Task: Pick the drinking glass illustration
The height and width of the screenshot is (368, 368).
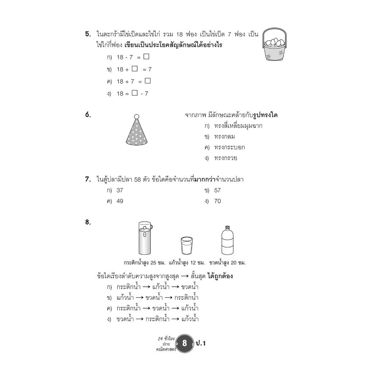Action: click(187, 246)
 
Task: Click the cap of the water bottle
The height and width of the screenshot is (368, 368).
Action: click(227, 228)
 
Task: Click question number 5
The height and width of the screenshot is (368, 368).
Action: click(88, 34)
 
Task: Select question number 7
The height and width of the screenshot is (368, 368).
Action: click(88, 179)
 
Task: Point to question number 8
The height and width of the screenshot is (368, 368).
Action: click(88, 222)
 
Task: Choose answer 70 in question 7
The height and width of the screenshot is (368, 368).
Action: click(217, 201)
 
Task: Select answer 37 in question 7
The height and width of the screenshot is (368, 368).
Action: click(120, 190)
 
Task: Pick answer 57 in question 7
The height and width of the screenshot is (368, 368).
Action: click(217, 190)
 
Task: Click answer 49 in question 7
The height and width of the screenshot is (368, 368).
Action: click(120, 201)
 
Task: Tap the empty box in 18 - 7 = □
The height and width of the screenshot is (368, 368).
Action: click(146, 56)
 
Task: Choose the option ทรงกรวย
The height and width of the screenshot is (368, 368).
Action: click(225, 158)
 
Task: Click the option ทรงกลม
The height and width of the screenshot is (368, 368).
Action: click(224, 137)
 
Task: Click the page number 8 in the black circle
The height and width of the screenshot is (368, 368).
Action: click(185, 343)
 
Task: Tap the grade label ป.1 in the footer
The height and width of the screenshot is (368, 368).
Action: click(201, 343)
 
